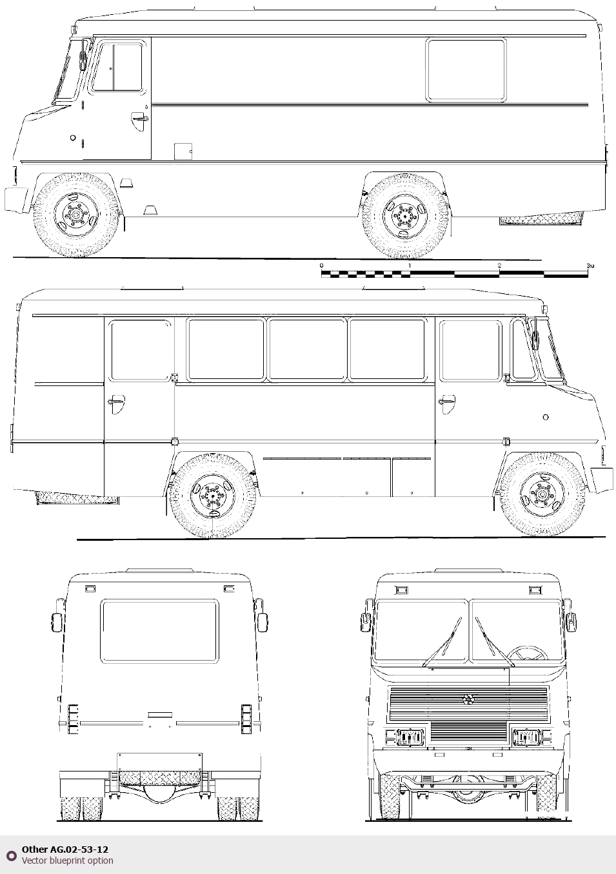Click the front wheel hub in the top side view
tap(75, 214)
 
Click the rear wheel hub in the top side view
tap(405, 215)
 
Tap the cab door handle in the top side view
tap(140, 117)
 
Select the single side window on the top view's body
tap(466, 70)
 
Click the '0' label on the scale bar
tap(321, 266)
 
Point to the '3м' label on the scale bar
tap(590, 266)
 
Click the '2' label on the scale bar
tap(499, 266)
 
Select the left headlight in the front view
tap(410, 737)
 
